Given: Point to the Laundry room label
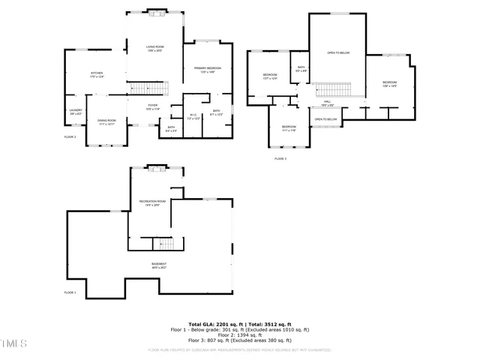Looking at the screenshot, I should click(x=75, y=112).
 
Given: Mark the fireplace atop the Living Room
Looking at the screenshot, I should click(x=157, y=12).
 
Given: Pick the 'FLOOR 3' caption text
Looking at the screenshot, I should click(x=280, y=159).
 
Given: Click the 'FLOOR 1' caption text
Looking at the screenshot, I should click(x=70, y=292).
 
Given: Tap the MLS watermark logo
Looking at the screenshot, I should click(x=13, y=343).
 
